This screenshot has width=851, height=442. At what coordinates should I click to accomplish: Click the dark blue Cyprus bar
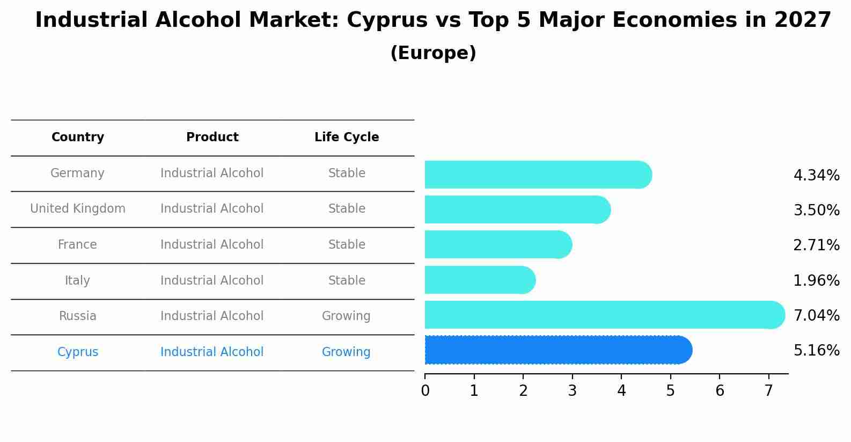pyautogui.click(x=558, y=350)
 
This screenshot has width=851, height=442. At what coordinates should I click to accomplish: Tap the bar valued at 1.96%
pyautogui.click(x=480, y=280)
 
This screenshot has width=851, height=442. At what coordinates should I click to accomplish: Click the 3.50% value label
pyautogui.click(x=816, y=210)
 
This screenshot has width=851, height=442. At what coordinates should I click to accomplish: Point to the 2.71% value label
pyautogui.click(x=816, y=245)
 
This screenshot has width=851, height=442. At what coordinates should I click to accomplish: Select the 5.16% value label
pyautogui.click(x=816, y=350)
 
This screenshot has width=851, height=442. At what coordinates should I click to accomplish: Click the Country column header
pyautogui.click(x=78, y=137)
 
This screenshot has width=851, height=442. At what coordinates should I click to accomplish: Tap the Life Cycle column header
pyautogui.click(x=347, y=137)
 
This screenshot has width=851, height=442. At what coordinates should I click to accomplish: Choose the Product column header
pyautogui.click(x=212, y=137)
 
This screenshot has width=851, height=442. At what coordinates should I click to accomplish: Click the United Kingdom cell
pyautogui.click(x=78, y=208)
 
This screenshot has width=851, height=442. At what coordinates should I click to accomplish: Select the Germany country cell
pyautogui.click(x=77, y=173)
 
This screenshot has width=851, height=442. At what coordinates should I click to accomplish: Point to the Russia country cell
pyautogui.click(x=78, y=316)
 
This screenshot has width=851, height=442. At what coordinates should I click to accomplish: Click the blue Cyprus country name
pyautogui.click(x=78, y=352)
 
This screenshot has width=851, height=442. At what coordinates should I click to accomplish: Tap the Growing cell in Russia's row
pyautogui.click(x=346, y=316)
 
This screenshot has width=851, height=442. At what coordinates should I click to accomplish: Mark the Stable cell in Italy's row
pyautogui.click(x=347, y=280)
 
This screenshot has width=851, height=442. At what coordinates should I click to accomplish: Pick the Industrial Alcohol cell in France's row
pyautogui.click(x=212, y=244)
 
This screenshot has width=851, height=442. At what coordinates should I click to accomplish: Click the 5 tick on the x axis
pyautogui.click(x=671, y=390)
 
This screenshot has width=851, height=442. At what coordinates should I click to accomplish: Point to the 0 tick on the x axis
pyautogui.click(x=425, y=390)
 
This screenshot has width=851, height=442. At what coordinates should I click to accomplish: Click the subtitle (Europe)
pyautogui.click(x=433, y=53)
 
